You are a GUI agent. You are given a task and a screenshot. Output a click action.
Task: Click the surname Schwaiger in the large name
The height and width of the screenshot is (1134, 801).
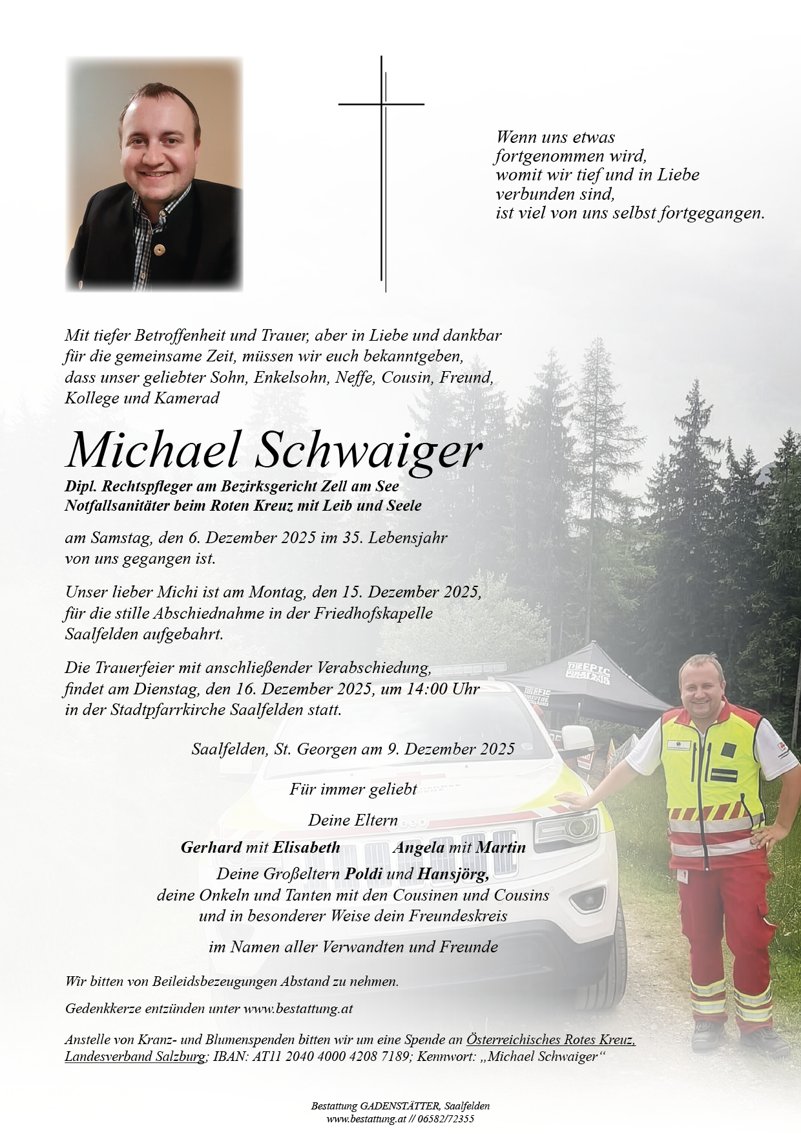pyautogui.click(x=368, y=451)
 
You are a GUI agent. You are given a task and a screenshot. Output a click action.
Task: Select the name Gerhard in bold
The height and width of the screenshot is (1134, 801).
pyautogui.click(x=211, y=848)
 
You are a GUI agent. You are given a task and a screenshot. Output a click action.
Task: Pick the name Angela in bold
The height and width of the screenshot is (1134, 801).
pyautogui.click(x=418, y=848)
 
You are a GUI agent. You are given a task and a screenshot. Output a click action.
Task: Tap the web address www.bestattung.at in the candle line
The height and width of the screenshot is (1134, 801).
pyautogui.click(x=298, y=1009)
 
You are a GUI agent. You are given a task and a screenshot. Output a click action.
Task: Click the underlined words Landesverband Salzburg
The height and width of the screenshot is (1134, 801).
pyautogui.click(x=135, y=1057)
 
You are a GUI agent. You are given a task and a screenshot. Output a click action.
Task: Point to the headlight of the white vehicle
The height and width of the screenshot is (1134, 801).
pyautogui.click(x=568, y=829)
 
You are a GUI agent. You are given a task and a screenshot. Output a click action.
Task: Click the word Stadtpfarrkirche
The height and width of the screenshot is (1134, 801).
pyautogui.click(x=169, y=710)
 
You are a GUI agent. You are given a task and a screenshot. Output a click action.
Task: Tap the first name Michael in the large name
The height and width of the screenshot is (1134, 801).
pyautogui.click(x=153, y=451)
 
